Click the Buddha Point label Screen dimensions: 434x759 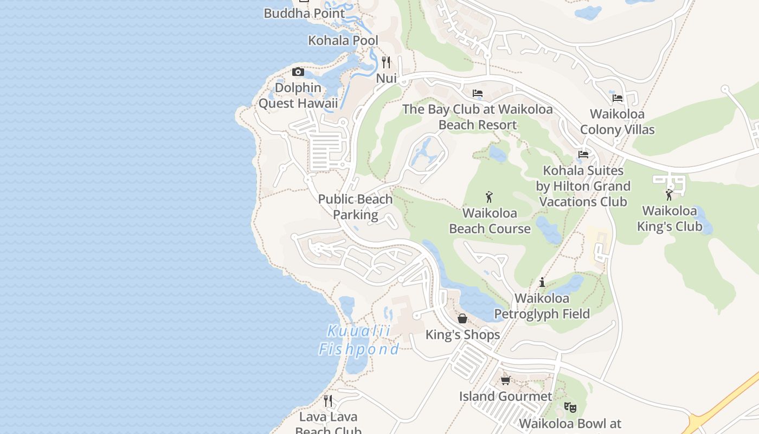(x=304, y=14)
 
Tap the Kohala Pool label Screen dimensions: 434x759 (x=343, y=41)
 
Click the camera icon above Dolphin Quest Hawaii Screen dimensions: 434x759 (x=298, y=72)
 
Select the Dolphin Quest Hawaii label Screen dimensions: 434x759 (x=298, y=95)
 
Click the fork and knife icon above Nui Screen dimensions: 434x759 (x=386, y=62)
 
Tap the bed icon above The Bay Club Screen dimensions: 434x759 (x=478, y=94)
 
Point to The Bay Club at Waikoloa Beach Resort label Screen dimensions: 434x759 (x=478, y=117)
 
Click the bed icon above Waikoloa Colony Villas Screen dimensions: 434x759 (x=618, y=98)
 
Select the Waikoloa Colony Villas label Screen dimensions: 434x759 (x=618, y=122)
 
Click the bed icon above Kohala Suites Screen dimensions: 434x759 (x=583, y=155)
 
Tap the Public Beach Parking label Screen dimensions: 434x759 (x=355, y=207)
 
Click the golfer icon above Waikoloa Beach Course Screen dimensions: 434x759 (x=490, y=197)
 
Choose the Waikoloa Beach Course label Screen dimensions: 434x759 (x=490, y=221)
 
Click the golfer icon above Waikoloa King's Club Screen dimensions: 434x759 (x=669, y=195)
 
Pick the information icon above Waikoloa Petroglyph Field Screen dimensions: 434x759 (x=542, y=282)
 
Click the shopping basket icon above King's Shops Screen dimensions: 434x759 (x=462, y=318)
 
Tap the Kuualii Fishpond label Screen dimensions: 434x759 (x=359, y=340)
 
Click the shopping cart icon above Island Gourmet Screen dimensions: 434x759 (x=506, y=380)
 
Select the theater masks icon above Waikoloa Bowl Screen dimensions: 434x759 (x=570, y=407)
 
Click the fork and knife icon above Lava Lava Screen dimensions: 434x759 (x=328, y=401)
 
